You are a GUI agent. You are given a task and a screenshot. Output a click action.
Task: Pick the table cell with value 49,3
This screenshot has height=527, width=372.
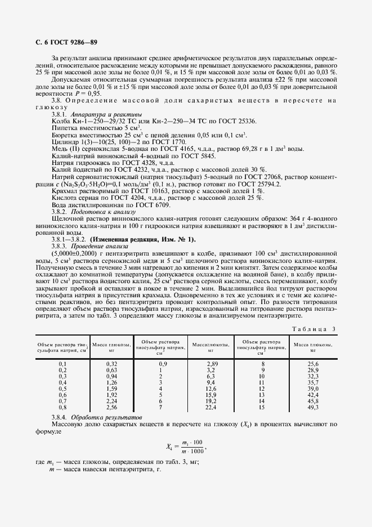coord(312,407)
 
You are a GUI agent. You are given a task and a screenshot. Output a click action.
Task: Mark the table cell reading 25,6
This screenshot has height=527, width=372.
coord(312,364)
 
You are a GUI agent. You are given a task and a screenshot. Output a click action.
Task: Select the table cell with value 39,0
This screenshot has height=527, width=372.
coord(312,388)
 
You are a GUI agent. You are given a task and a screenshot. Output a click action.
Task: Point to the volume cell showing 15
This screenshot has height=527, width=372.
coord(261,407)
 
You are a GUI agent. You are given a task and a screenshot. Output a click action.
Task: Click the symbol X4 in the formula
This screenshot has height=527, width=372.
coord(171,447)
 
